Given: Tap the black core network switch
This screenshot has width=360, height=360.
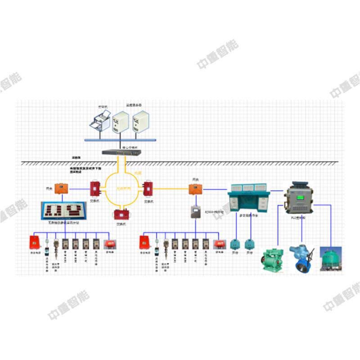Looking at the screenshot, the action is (x=121, y=152).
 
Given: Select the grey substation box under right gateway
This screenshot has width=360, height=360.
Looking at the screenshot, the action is (x=195, y=211).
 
